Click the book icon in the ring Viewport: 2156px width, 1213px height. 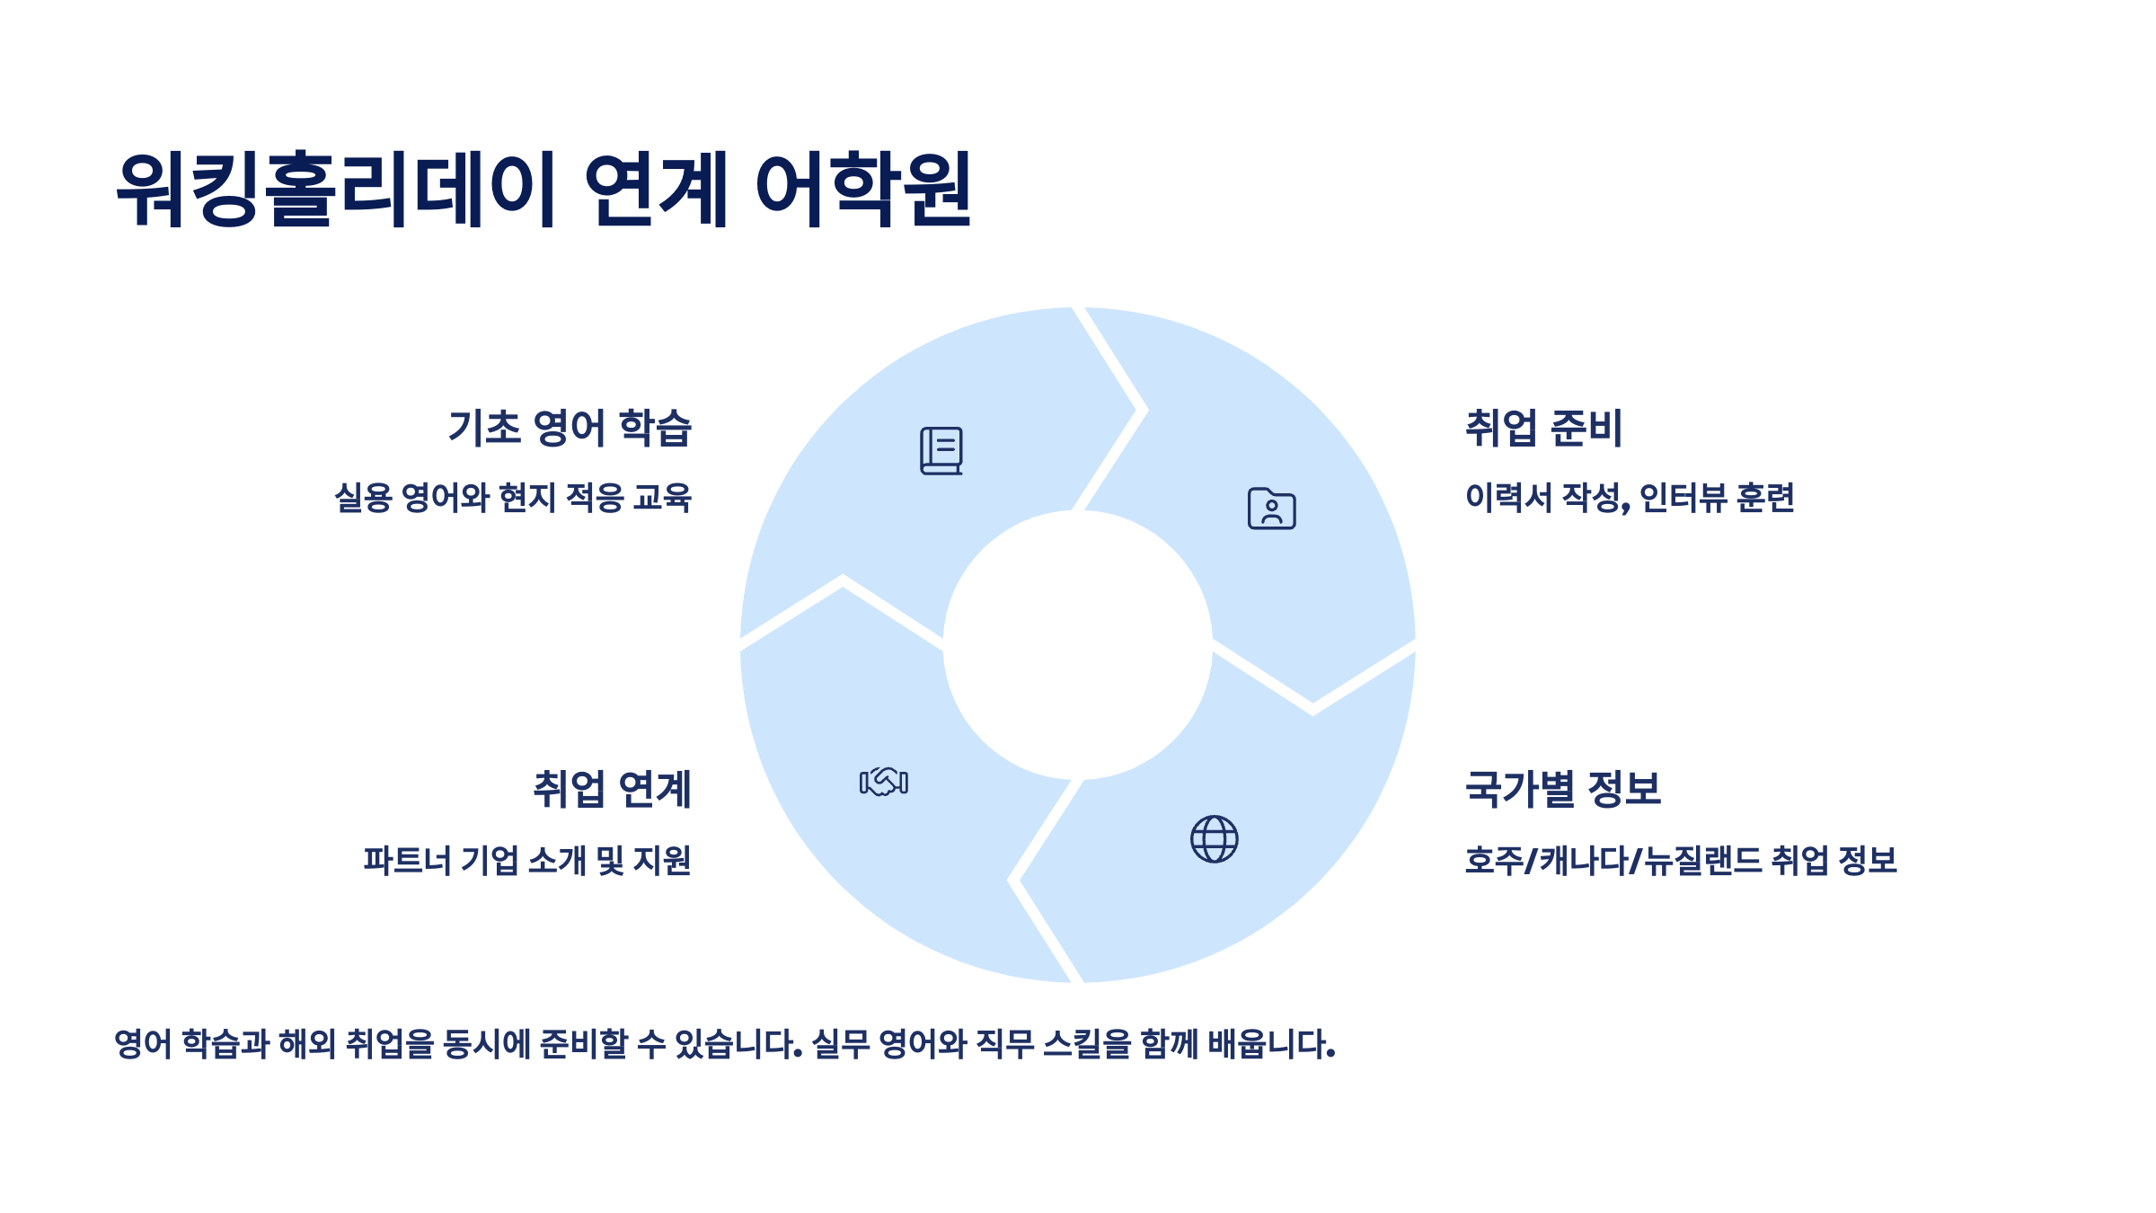click(941, 450)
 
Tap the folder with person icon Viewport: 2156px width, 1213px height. click(1271, 509)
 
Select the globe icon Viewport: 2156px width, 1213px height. click(1214, 839)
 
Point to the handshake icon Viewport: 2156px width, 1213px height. click(884, 782)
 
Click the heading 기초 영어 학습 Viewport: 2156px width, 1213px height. click(570, 428)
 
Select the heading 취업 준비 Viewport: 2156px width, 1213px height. click(1543, 428)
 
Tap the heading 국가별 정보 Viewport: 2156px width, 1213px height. click(1563, 790)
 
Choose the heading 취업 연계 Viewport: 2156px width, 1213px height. click(612, 790)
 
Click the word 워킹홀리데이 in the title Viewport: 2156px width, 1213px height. click(338, 189)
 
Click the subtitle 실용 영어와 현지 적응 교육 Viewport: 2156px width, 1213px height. click(513, 497)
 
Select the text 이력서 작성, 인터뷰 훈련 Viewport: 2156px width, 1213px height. click(1630, 497)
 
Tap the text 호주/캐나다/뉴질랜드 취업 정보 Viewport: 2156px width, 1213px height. click(1681, 860)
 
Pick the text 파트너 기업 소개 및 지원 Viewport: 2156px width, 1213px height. click(527, 860)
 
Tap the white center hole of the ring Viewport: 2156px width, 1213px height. click(1077, 645)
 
